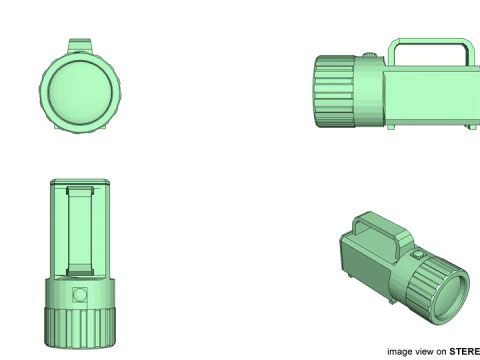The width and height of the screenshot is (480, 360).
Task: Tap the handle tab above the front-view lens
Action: tap(83, 47)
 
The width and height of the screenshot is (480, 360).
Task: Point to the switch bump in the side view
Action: tap(370, 57)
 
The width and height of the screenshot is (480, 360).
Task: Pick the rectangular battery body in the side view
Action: tap(430, 96)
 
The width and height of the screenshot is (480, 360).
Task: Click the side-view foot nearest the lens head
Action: tap(392, 128)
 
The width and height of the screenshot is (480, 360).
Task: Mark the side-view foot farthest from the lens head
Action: tap(469, 127)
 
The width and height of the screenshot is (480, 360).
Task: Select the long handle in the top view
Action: tap(80, 230)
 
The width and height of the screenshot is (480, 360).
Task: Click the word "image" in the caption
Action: tap(399, 351)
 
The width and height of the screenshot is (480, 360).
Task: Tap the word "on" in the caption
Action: tap(441, 351)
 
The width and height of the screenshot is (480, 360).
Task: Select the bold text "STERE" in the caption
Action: tap(464, 351)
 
